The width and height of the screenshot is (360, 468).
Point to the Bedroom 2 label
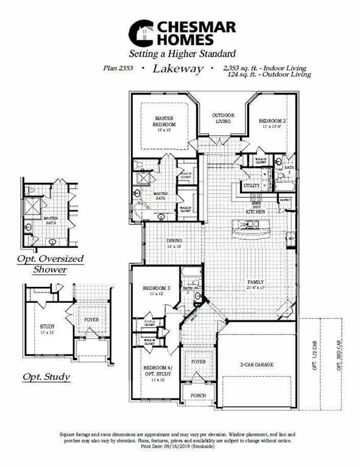tap(272, 124)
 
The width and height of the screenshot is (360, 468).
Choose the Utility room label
tap(252, 185)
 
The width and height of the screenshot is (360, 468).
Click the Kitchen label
tap(255, 211)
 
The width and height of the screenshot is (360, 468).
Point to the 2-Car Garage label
tap(256, 364)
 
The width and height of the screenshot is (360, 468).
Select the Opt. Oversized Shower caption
tap(50, 264)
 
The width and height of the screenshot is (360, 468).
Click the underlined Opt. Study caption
tap(46, 377)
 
